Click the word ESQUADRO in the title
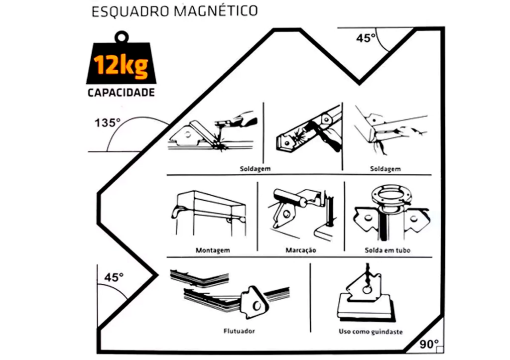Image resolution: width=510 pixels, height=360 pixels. [x=131, y=12]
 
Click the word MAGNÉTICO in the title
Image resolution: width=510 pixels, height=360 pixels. [x=216, y=10]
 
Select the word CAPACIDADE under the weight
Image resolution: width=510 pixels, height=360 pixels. [x=121, y=92]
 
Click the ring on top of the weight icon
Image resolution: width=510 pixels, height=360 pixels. [x=122, y=37]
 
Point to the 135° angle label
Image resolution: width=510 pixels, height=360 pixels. [x=108, y=123]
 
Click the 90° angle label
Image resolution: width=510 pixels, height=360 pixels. [x=429, y=344]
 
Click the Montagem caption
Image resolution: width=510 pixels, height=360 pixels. [x=213, y=250]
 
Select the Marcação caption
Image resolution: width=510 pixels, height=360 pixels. [x=300, y=250]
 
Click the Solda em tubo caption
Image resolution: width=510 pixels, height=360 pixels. [x=387, y=250]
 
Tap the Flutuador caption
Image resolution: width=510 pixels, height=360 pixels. [x=239, y=331]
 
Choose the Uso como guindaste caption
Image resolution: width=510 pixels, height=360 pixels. [x=371, y=332]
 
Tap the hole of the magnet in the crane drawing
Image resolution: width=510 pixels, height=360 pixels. [x=368, y=289]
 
